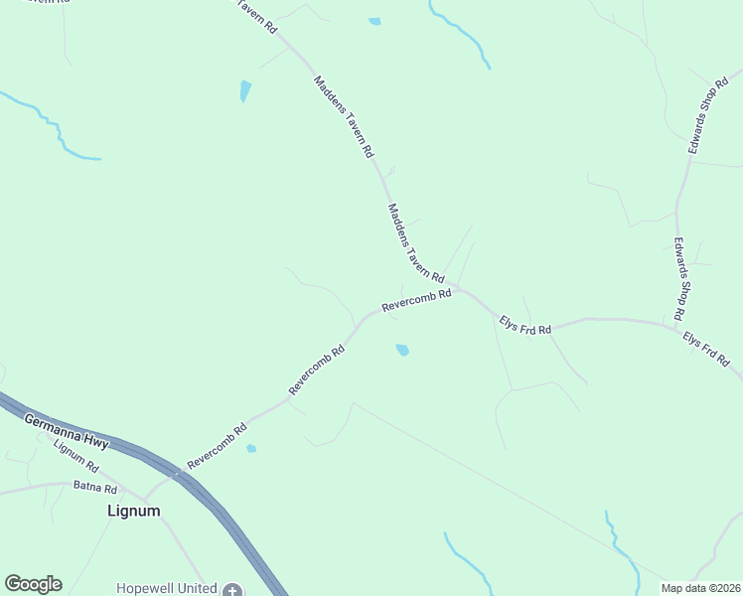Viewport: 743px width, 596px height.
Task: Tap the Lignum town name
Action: coord(133,511)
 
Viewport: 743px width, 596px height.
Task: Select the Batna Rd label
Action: coord(95,488)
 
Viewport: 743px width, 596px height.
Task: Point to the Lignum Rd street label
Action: coord(76,455)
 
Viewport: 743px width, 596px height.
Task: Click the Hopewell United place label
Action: coord(166,589)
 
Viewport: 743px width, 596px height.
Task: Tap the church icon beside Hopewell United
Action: coord(232,590)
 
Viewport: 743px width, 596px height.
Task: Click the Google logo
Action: coord(33,584)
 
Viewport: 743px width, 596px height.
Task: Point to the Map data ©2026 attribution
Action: coord(700,588)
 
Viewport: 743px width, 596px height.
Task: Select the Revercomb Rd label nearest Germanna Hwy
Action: coord(216,447)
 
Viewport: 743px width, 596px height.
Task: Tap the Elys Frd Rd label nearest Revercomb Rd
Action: coord(524,324)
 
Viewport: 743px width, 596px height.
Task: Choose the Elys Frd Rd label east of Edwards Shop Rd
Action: coord(706,351)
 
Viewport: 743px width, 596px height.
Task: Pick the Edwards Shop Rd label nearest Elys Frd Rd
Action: coord(680,277)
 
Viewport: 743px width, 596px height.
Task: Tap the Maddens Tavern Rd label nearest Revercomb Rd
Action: coord(415,242)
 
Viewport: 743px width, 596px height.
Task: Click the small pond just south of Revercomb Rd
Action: coord(402,350)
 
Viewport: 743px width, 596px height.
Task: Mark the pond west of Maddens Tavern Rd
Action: coord(245,91)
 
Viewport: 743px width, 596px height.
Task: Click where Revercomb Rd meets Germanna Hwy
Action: coord(177,474)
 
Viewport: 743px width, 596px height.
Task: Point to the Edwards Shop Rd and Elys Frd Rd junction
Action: coord(677,322)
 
